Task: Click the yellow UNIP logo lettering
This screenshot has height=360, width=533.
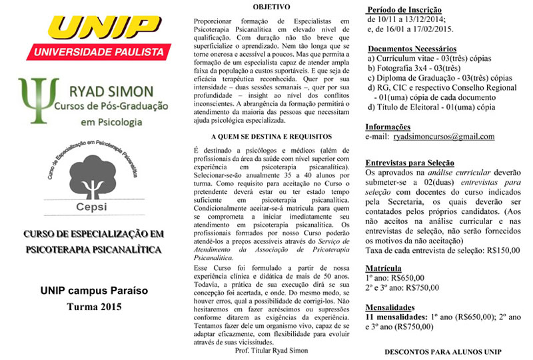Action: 93,29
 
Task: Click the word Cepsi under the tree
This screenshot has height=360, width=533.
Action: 93,207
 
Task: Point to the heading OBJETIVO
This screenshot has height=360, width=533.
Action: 271,7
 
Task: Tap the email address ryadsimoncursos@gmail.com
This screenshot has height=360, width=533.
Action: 444,137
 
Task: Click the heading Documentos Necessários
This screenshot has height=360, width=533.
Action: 412,49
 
